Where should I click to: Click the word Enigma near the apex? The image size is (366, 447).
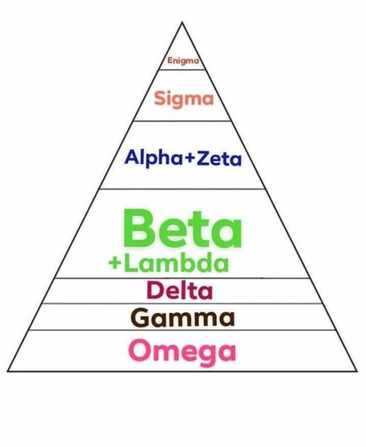(184, 61)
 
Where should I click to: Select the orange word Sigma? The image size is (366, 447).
(184, 98)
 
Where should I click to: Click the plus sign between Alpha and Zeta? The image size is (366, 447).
(190, 159)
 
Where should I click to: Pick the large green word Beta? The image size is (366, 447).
(182, 229)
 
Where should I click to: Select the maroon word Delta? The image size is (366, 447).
(179, 290)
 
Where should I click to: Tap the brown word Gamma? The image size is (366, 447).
(182, 318)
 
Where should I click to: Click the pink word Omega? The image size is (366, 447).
(182, 351)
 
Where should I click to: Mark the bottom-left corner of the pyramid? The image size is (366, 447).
(8, 371)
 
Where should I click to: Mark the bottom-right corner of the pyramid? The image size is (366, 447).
(356, 371)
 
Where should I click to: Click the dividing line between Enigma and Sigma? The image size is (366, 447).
(182, 70)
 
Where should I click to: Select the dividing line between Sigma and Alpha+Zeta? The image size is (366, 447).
(182, 121)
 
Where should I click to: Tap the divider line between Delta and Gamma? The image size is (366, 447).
(182, 303)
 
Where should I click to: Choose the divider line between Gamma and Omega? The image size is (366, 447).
(182, 330)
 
